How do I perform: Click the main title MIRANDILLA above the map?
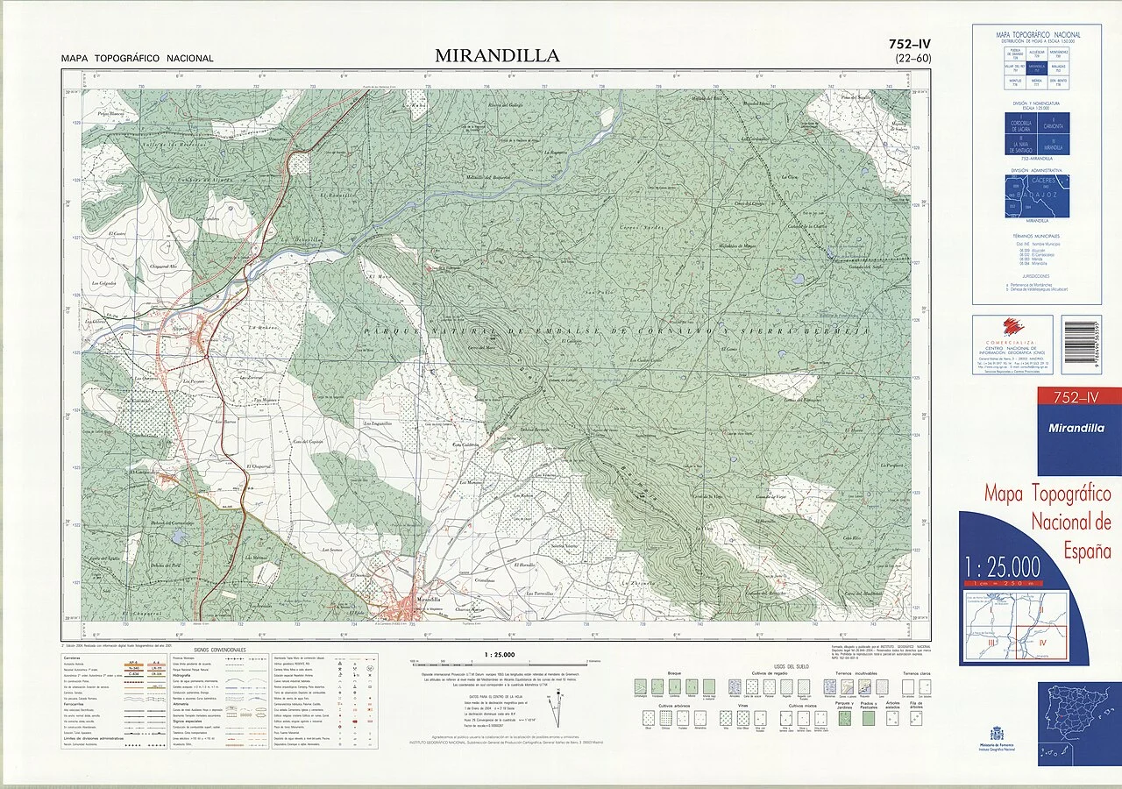pyautogui.click(x=496, y=56)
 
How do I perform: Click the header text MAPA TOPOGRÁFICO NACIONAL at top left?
pyautogui.click(x=137, y=59)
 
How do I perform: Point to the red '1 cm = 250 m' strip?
pyautogui.click(x=1003, y=583)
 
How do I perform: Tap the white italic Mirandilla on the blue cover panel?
pyautogui.click(x=1078, y=429)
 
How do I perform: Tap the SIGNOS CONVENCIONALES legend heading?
pyautogui.click(x=220, y=650)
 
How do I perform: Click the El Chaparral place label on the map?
pyautogui.click(x=260, y=466)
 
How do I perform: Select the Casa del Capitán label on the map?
pyautogui.click(x=308, y=442)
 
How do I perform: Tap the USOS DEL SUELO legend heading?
pyautogui.click(x=791, y=667)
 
